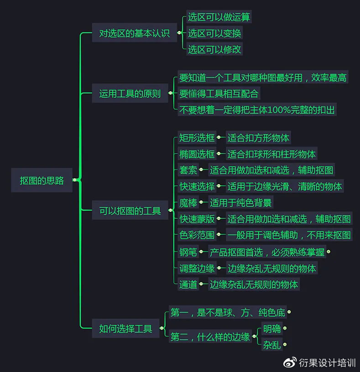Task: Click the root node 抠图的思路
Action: coord(42,180)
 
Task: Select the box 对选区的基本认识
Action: coord(135,32)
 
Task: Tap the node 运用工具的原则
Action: coord(130,93)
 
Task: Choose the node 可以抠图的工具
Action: coord(130,210)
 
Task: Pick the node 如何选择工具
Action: coord(125,328)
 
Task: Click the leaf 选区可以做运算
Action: coord(219,16)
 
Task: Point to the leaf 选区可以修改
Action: coord(214,49)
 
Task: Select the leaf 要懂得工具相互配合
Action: coord(219,94)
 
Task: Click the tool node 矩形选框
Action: coord(197,137)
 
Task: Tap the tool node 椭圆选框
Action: coord(197,154)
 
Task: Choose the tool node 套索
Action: coord(188,170)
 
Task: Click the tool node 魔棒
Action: coord(188,203)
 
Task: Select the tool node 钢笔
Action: coord(188,252)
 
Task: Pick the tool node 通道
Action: coord(188,284)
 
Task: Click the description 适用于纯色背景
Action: coord(241,203)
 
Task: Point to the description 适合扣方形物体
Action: coord(259,137)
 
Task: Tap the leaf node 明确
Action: coord(272,329)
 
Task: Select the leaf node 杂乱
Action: coord(272,345)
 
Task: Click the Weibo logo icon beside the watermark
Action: coord(290,362)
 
